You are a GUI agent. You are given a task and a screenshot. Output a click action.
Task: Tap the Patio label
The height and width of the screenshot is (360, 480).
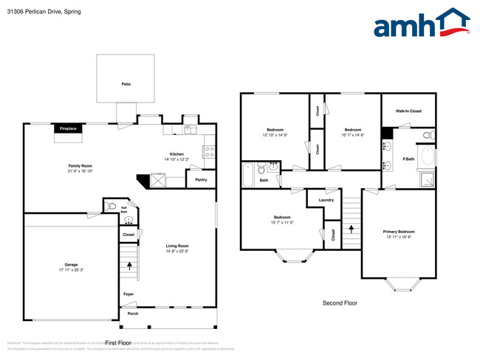coord(126,84)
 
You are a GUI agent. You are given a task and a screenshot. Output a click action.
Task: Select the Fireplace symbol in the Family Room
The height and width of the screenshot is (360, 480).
coord(69,129)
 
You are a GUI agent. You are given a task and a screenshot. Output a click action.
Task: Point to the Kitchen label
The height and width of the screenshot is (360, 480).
coord(176,153)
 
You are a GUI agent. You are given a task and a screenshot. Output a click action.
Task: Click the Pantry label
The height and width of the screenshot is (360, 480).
coord(201,179)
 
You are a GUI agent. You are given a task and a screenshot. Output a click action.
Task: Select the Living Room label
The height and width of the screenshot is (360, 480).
coord(177,246)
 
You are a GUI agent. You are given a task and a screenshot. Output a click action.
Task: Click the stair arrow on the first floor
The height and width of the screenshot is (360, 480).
coord(130,265)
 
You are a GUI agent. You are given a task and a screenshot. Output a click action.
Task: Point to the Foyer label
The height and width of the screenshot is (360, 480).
coord(128,294)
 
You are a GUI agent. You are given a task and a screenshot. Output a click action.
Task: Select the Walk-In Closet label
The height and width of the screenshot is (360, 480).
coord(408,111)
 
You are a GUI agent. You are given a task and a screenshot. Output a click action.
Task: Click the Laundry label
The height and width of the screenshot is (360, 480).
coord(326,200)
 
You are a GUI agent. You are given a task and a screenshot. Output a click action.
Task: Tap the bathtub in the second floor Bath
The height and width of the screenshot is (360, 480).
coord(249,176)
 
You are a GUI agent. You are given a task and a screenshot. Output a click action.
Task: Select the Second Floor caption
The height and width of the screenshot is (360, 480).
coord(340,303)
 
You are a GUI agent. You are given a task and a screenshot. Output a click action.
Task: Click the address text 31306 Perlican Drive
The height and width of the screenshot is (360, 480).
coord(34,12)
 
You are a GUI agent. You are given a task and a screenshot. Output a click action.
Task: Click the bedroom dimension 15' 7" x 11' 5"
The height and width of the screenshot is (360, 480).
coord(281,223)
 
